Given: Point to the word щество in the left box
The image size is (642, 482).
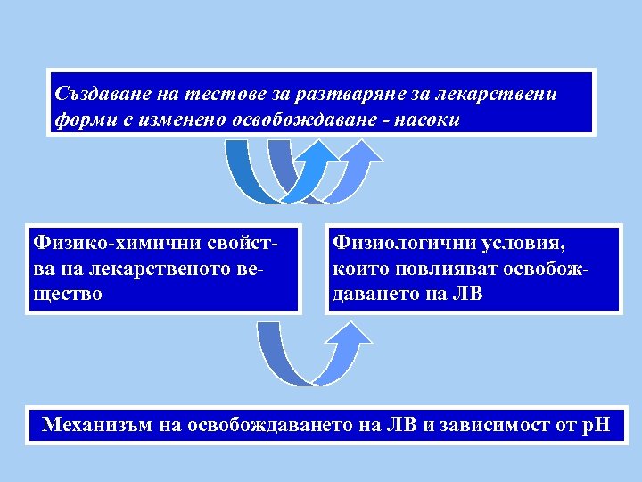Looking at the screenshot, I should coord(67,294).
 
